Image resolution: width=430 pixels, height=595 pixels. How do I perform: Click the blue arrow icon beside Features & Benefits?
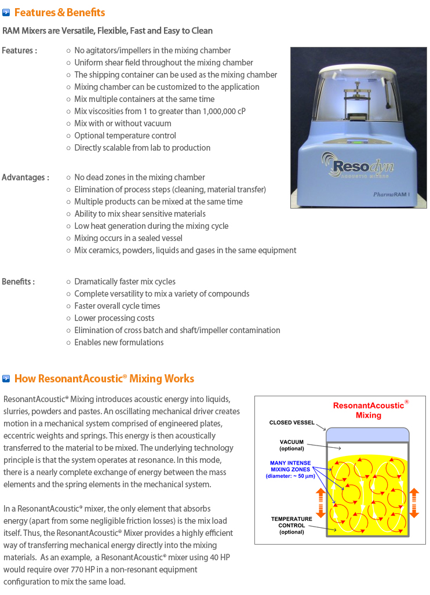click(x=6, y=12)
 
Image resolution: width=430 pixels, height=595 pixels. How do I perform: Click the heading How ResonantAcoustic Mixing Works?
click(x=104, y=379)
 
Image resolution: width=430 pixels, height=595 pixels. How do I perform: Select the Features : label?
click(x=19, y=50)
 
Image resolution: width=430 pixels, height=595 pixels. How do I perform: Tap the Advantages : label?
click(x=25, y=177)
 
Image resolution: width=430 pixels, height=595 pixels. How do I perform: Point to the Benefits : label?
click(x=18, y=282)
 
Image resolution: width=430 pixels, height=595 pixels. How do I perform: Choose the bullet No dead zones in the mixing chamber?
click(x=139, y=177)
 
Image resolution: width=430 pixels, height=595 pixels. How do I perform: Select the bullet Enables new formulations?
click(x=119, y=342)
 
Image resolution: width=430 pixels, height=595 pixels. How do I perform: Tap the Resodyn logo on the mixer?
click(x=356, y=164)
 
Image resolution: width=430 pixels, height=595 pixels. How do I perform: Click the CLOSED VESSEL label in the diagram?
click(x=291, y=422)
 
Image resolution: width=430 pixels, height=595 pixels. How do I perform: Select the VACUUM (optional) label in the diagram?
click(x=291, y=445)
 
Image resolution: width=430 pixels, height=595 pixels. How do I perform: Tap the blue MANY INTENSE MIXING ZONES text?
click(x=291, y=469)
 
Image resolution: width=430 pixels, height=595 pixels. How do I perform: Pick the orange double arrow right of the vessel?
click(x=414, y=502)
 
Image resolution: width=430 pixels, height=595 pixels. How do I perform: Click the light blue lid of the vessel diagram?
click(x=367, y=434)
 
